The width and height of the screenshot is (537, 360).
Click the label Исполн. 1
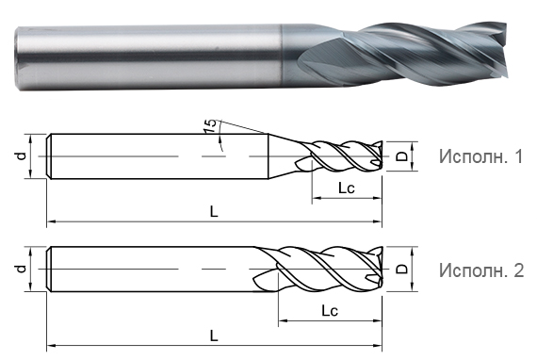coord(480,157)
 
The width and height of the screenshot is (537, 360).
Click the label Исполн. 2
coord(480,270)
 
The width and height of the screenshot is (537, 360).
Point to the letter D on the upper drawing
coord(401,156)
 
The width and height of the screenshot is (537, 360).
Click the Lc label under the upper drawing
coord(347,189)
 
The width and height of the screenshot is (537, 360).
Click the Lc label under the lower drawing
coord(330,310)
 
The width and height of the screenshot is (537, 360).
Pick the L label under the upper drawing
coord(214,212)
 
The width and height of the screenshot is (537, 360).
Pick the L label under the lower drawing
coord(214,335)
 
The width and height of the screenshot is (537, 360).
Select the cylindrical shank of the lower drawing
coord(151,270)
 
